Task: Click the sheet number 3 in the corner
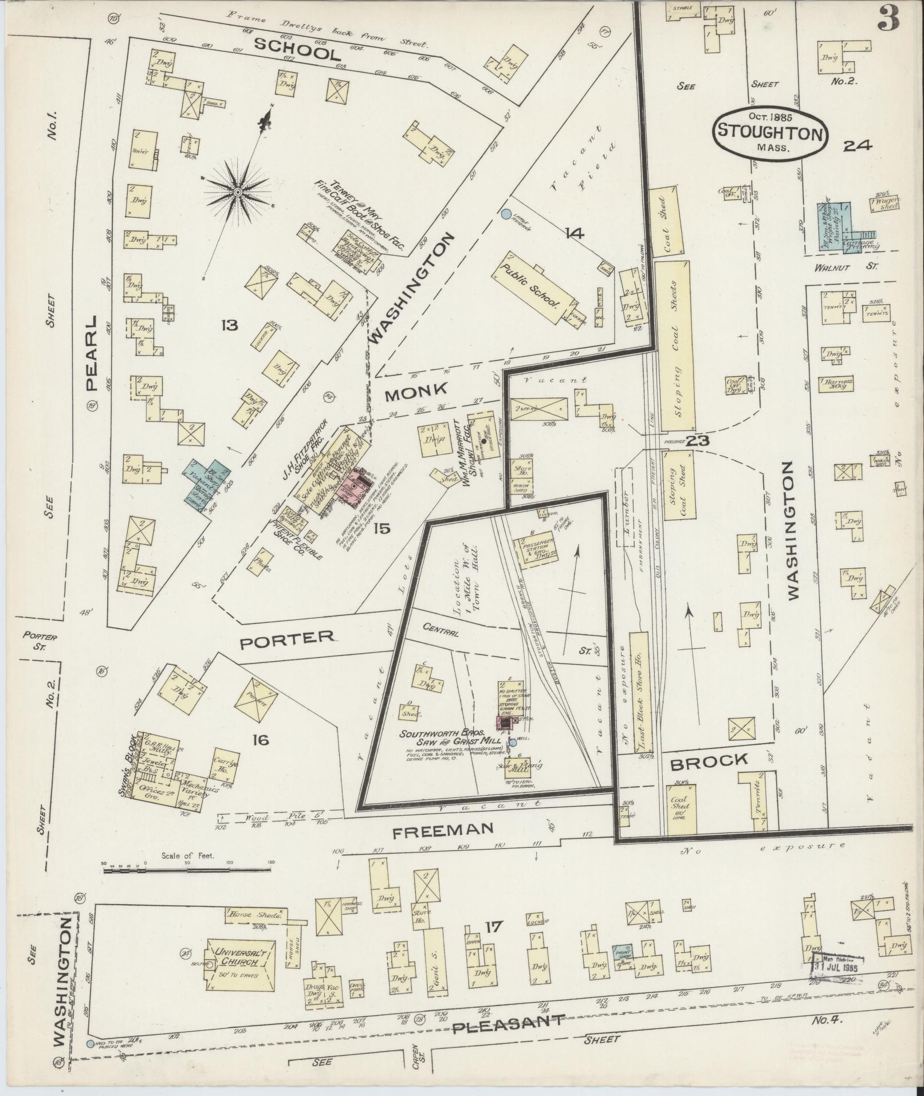888,20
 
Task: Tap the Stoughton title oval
771,131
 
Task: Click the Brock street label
709,761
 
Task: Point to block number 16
259,740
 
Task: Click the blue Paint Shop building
623,951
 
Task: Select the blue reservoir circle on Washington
505,214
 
